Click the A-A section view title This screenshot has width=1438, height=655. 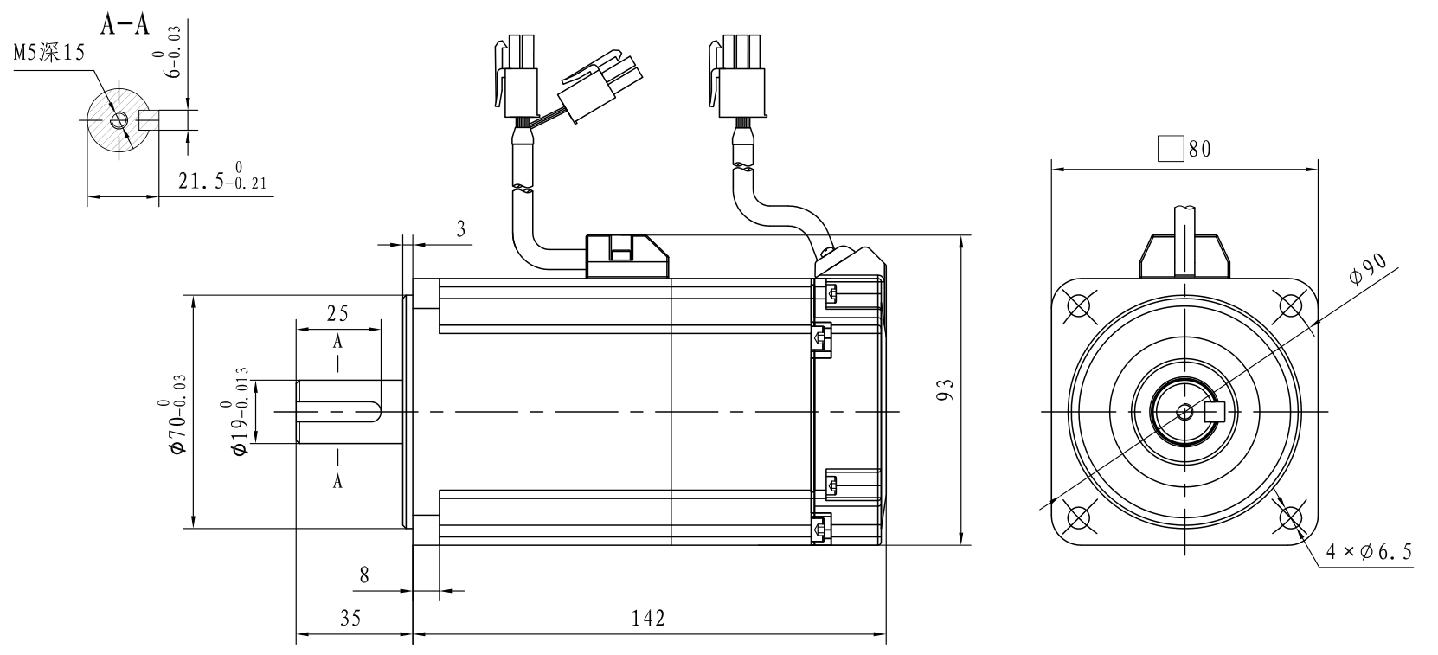click(x=125, y=24)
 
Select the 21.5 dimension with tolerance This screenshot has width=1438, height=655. click(x=222, y=177)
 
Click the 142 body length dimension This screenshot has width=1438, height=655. click(x=648, y=618)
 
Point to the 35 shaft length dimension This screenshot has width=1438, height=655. click(x=350, y=619)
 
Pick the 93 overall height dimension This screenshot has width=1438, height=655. click(x=945, y=389)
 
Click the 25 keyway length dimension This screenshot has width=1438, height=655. click(x=337, y=313)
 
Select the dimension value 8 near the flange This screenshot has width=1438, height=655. click(x=364, y=575)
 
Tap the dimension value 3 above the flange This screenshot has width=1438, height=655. click(x=461, y=229)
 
